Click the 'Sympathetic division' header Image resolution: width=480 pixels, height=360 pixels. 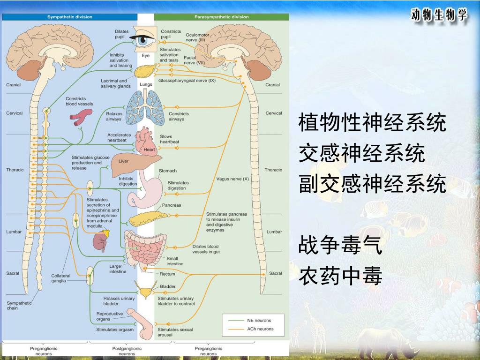[70, 17]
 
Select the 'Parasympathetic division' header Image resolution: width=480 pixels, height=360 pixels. [222, 17]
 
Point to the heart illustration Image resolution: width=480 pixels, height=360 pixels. [148, 143]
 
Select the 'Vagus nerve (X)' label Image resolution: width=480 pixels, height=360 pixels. [232, 179]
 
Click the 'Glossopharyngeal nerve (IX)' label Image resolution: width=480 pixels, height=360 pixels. [187, 81]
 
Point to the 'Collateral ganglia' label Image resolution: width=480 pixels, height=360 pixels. [60, 278]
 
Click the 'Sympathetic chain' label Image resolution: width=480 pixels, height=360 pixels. [19, 306]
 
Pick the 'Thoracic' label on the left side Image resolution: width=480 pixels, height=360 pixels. [15, 170]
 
